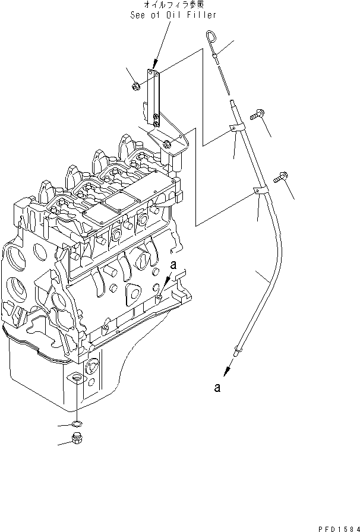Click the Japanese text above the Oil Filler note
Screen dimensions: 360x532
point(174,5)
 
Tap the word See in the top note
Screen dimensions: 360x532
point(138,15)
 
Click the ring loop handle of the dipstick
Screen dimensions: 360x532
point(210,36)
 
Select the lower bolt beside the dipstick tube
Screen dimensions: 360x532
point(280,178)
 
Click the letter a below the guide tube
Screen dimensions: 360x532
point(217,387)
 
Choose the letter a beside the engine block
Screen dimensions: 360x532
point(173,265)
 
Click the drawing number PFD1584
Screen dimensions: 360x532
point(338,528)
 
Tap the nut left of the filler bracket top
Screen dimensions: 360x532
point(134,86)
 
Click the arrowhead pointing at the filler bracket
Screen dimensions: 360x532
point(156,64)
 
